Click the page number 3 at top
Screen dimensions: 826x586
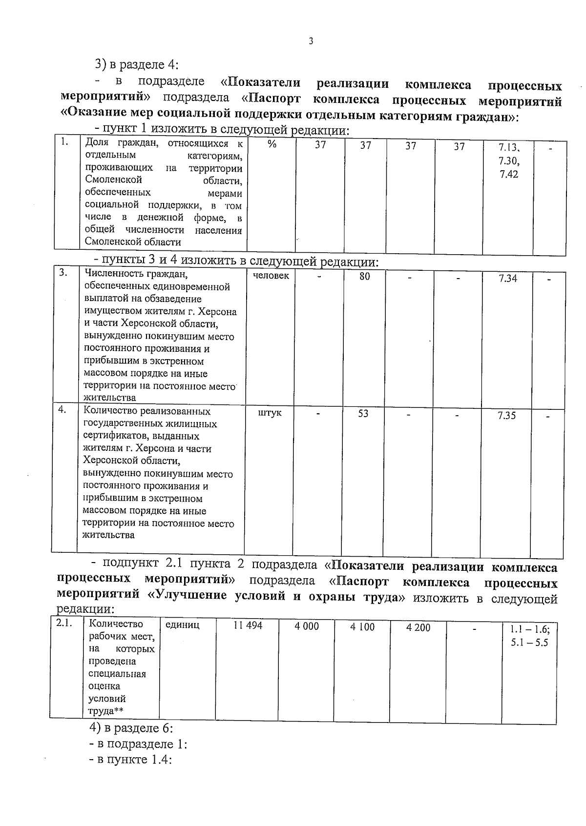coord(311,41)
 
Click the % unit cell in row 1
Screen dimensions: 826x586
coord(272,144)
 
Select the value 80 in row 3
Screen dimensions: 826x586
coord(365,277)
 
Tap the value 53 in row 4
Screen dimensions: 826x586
coord(363,414)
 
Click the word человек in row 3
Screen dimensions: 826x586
coord(271,276)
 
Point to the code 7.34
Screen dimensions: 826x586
coord(507,279)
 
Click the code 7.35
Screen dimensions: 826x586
coord(506,416)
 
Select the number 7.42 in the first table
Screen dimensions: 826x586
coord(509,174)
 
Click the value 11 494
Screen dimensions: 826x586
coord(248,625)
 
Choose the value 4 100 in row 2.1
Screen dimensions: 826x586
coord(362,627)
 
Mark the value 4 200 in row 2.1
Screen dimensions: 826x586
coord(419,627)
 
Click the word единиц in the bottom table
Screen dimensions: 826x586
coord(183,625)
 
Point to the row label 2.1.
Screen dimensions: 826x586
coord(64,623)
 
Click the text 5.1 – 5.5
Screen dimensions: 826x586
coord(529,643)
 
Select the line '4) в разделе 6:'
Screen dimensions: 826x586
coord(131,728)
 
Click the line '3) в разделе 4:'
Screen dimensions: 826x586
coord(137,64)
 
